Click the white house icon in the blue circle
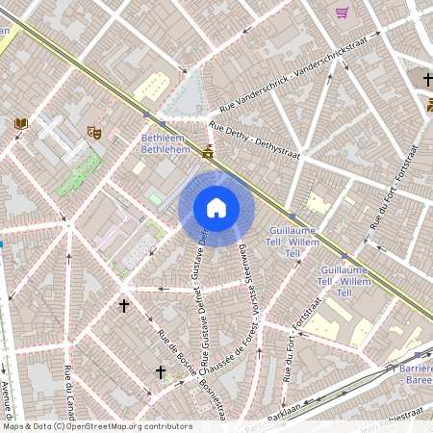pyautogui.click(x=216, y=208)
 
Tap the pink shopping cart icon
pyautogui.click(x=342, y=13)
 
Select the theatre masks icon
pyautogui.click(x=94, y=131)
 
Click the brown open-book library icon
pyautogui.click(x=21, y=123)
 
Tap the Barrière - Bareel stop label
pyautogui.click(x=414, y=373)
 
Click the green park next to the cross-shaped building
pyautogui.click(x=80, y=174)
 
